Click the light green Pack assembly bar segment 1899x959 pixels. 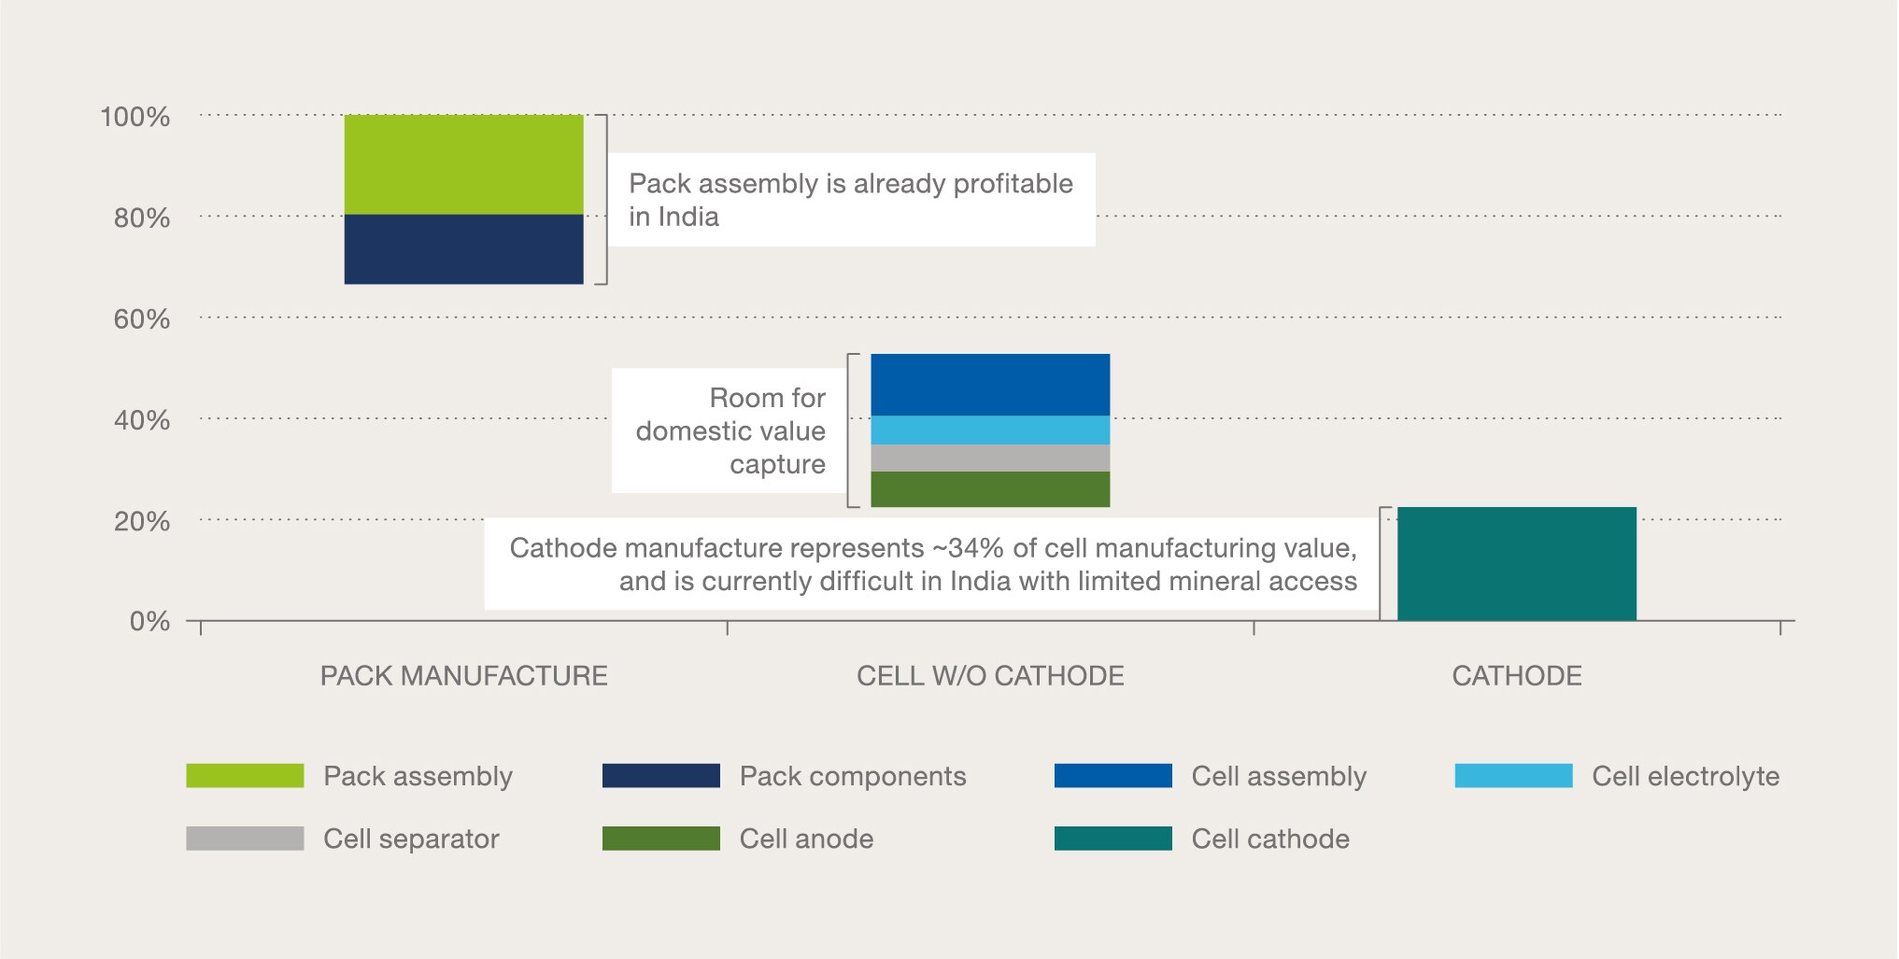click(x=463, y=164)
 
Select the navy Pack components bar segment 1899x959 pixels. click(x=463, y=249)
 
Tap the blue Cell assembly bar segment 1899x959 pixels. click(x=990, y=385)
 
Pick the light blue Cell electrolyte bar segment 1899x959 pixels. click(x=990, y=430)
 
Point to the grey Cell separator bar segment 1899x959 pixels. click(x=990, y=458)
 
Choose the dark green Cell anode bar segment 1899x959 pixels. click(x=990, y=489)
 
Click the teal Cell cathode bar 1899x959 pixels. click(x=1516, y=564)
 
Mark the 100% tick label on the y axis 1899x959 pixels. click(x=135, y=117)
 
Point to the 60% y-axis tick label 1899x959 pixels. click(x=142, y=319)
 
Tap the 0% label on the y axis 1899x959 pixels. click(x=149, y=622)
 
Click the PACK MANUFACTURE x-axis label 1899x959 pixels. click(x=463, y=676)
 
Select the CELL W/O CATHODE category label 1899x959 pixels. click(x=990, y=676)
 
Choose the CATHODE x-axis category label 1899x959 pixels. click(x=1516, y=676)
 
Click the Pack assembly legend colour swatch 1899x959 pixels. click(x=245, y=776)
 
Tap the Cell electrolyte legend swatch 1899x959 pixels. click(x=1513, y=776)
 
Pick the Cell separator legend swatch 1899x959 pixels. click(x=245, y=839)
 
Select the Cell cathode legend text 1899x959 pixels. click(x=1270, y=839)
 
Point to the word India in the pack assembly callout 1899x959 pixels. click(x=688, y=217)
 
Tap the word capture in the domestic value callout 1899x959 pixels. click(x=777, y=464)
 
